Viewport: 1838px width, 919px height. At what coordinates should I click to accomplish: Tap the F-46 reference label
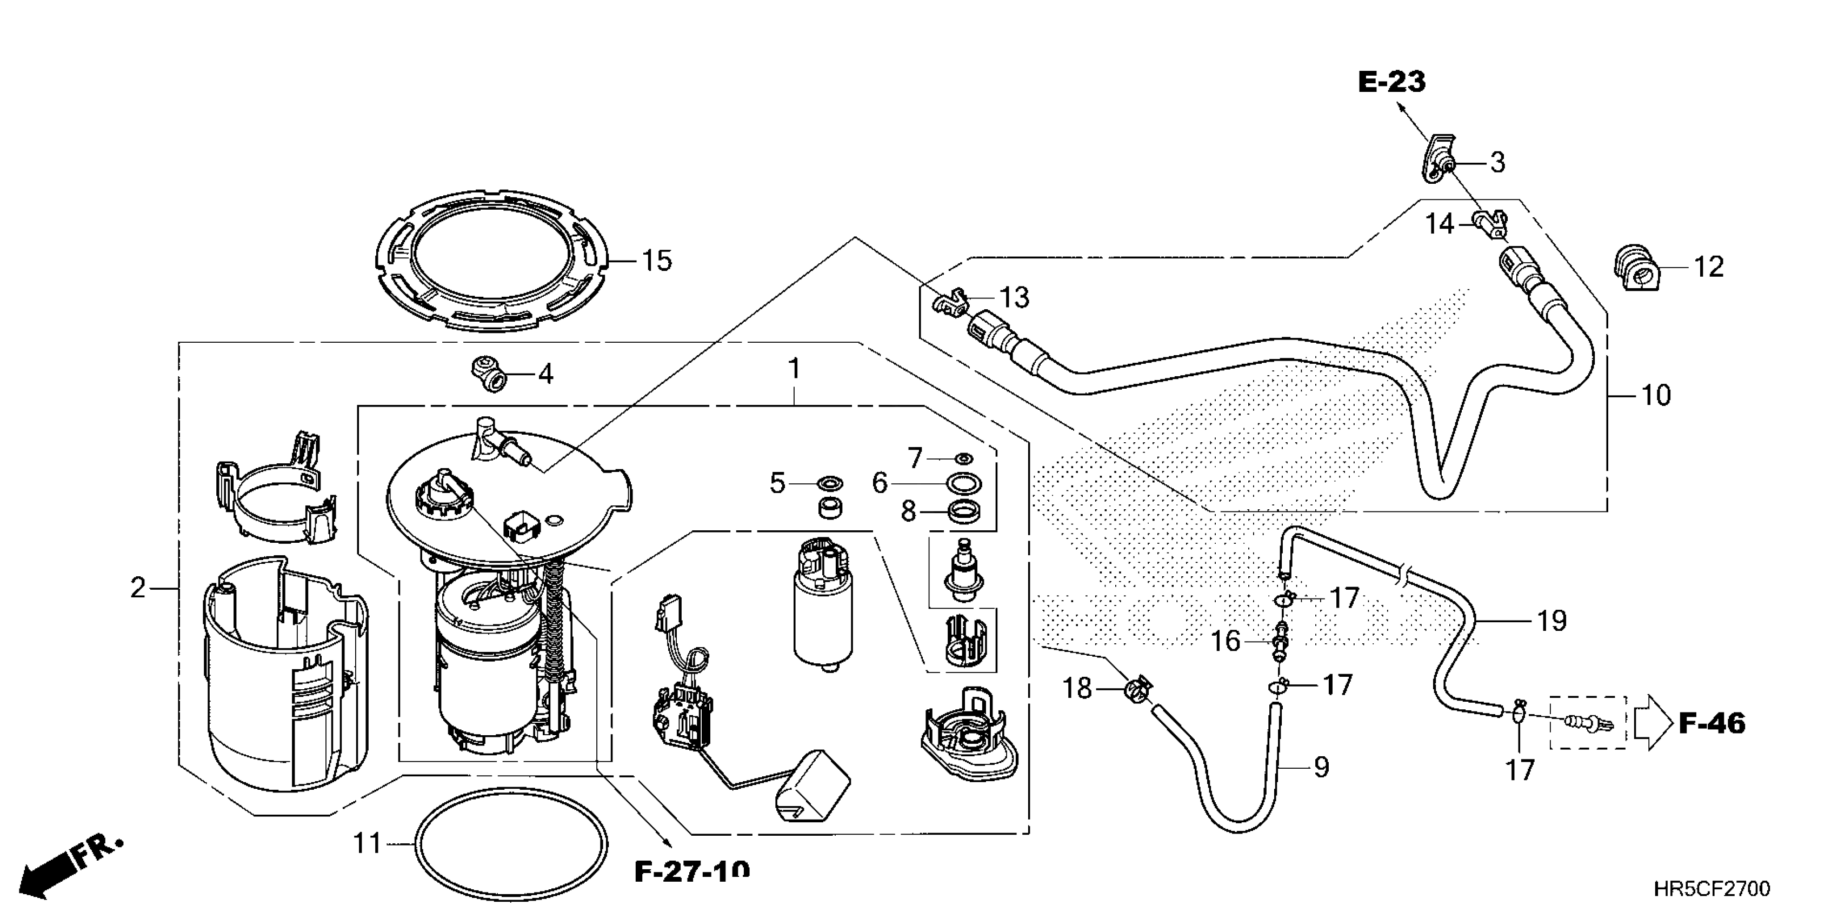[1712, 723]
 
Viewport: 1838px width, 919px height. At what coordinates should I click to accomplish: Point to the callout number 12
[1708, 267]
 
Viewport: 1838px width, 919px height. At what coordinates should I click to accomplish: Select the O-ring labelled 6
[963, 483]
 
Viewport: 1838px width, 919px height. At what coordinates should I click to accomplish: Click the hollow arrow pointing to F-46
[1653, 723]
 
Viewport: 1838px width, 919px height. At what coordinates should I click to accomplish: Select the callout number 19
[1551, 622]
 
